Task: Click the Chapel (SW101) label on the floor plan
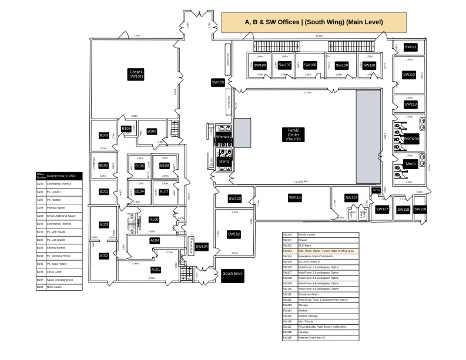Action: pos(136,74)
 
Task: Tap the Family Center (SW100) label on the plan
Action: pos(293,134)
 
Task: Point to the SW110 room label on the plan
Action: pos(368,65)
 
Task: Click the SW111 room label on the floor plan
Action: pos(410,47)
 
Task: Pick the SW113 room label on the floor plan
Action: pos(410,105)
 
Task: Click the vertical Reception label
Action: pos(191,245)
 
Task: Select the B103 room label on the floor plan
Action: pos(104,136)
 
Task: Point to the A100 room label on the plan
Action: pos(154,220)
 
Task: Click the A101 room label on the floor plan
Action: pos(156,270)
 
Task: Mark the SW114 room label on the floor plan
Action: pos(294,198)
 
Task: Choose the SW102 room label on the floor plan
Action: pos(234,234)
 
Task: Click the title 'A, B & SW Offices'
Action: pos(314,22)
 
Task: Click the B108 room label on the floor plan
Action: pos(165,166)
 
